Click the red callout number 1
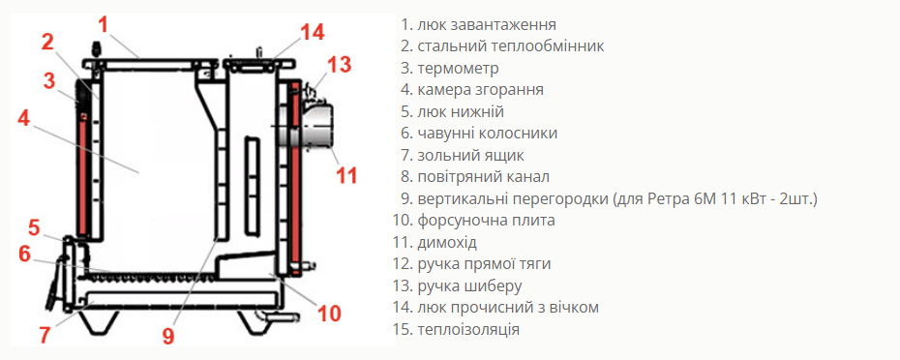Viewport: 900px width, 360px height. click(104, 25)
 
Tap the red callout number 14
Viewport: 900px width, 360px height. click(313, 32)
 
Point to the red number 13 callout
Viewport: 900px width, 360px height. click(339, 65)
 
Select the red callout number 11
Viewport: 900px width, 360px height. click(346, 174)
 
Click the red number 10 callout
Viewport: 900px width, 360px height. click(329, 313)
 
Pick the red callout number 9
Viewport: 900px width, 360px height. click(167, 336)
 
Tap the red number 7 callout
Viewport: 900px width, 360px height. click(45, 335)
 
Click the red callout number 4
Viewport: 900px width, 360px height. click(23, 118)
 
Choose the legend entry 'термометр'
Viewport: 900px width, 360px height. click(458, 69)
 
